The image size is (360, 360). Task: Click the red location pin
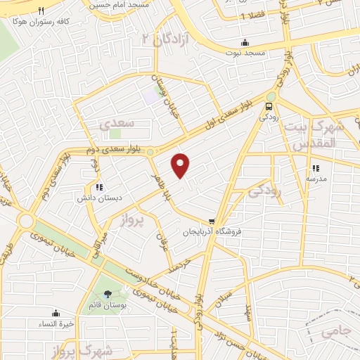click(x=181, y=165)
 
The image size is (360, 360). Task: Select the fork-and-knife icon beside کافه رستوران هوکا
click(x=41, y=11)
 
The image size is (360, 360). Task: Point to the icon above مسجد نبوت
click(x=245, y=41)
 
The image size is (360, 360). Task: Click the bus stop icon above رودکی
click(x=269, y=106)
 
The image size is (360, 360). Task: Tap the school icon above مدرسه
click(x=316, y=168)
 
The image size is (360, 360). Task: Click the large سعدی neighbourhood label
click(x=116, y=124)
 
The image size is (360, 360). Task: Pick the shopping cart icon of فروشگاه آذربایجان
click(x=212, y=221)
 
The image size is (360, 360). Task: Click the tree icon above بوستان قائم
click(x=108, y=295)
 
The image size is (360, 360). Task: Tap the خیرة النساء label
click(x=56, y=323)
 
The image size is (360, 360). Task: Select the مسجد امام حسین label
click(x=118, y=4)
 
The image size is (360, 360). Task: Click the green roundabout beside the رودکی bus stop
click(x=271, y=96)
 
